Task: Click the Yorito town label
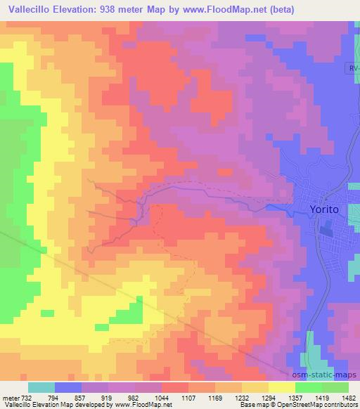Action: pyautogui.click(x=325, y=209)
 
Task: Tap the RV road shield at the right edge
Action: pyautogui.click(x=354, y=69)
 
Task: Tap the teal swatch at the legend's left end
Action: pyautogui.click(x=41, y=387)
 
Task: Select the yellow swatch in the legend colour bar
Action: pyautogui.click(x=281, y=387)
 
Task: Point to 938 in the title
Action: pyautogui.click(x=117, y=10)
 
